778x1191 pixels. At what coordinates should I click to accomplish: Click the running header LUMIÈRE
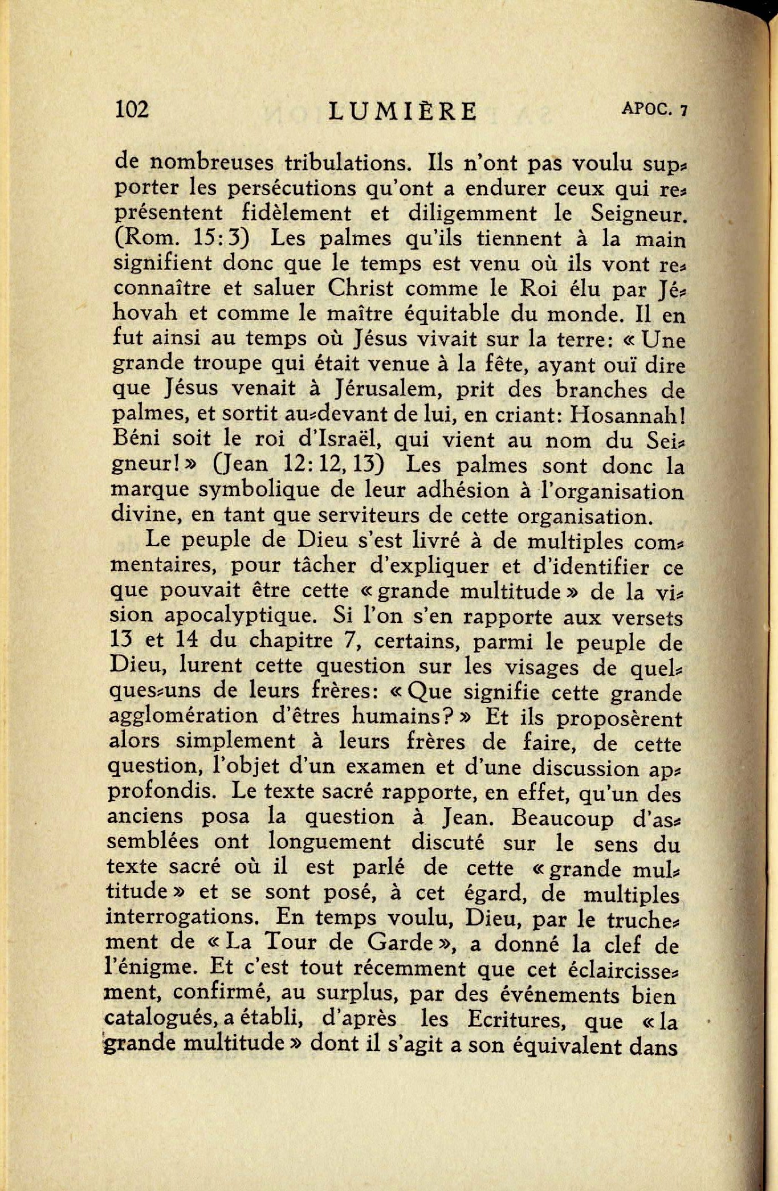pos(403,111)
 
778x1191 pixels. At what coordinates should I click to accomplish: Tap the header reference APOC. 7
pos(654,109)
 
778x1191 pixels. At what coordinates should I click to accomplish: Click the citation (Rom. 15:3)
pos(181,238)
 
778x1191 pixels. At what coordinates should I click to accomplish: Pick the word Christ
pos(361,288)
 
